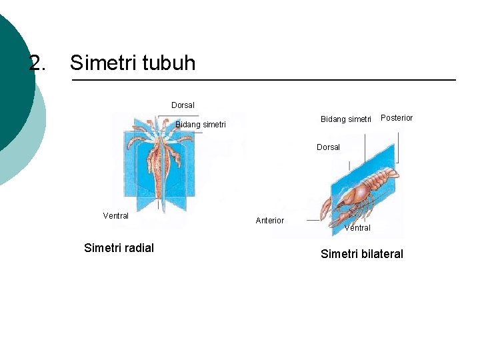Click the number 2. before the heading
point(38,63)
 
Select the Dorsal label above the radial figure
point(183,105)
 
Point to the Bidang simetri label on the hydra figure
point(200,125)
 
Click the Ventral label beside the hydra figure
point(115,216)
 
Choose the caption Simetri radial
point(119,248)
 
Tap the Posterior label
point(396,118)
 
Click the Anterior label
point(269,221)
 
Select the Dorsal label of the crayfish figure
point(328,147)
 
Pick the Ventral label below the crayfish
point(357,228)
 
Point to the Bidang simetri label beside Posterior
point(345,119)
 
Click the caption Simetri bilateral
point(361,254)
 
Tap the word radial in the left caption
point(138,248)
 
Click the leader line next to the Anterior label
point(297,220)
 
